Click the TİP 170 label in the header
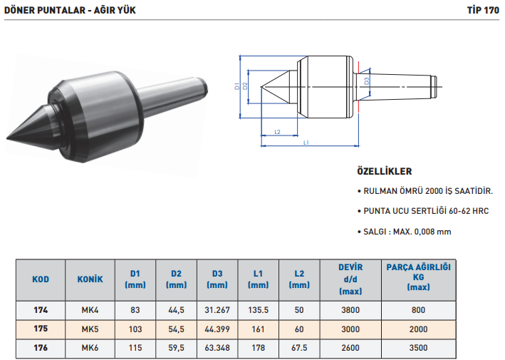pyautogui.click(x=483, y=10)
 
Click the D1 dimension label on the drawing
pyautogui.click(x=237, y=86)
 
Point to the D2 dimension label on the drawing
pyautogui.click(x=245, y=86)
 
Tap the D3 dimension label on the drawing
pyautogui.click(x=367, y=81)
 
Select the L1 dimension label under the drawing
pyautogui.click(x=306, y=143)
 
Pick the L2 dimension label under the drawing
pyautogui.click(x=277, y=132)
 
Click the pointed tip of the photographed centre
pyautogui.click(x=7, y=138)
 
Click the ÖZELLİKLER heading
pyautogui.click(x=384, y=171)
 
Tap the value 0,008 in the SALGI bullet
pyautogui.click(x=425, y=232)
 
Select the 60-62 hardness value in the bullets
pyautogui.click(x=459, y=211)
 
